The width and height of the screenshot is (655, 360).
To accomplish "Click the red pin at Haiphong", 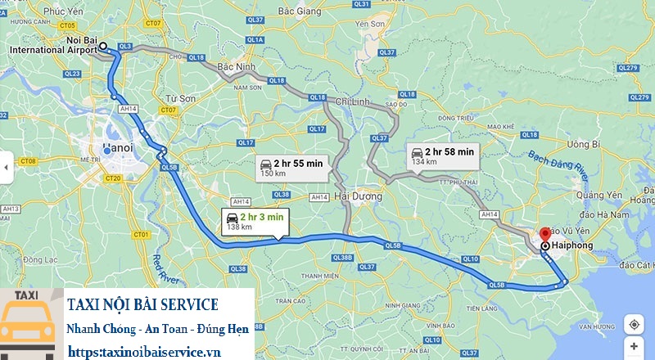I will pos(545,234).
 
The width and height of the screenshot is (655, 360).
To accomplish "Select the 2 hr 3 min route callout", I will pos(253,220).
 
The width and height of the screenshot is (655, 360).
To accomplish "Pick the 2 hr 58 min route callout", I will pos(442,155).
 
